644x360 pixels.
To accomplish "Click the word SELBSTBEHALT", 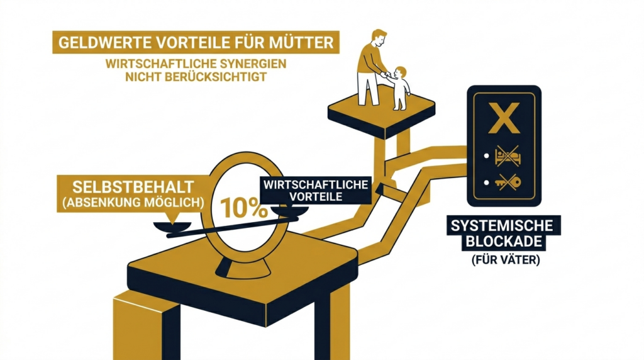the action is point(133,187).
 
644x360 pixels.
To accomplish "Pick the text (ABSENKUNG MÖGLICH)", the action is point(133,203).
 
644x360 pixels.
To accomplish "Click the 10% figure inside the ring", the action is point(244,208).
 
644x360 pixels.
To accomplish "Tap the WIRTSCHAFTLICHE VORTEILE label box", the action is point(316,191).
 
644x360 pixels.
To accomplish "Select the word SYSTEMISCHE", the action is point(502,225).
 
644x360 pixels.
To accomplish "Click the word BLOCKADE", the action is point(504,241).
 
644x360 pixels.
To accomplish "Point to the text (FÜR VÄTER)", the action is point(505,260).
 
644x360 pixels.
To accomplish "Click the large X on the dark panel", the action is point(504,118).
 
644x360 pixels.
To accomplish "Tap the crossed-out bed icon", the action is point(508,156).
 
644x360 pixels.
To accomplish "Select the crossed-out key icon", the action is point(508,182).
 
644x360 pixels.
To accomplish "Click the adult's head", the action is point(379,38).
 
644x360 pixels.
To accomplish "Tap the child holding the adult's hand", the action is point(398,88).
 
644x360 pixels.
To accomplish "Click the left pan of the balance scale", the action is point(172,227).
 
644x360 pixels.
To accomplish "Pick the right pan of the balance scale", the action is point(289,211).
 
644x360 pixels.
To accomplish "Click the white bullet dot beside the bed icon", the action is point(487,156).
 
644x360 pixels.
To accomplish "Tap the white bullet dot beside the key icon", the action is point(487,183).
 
